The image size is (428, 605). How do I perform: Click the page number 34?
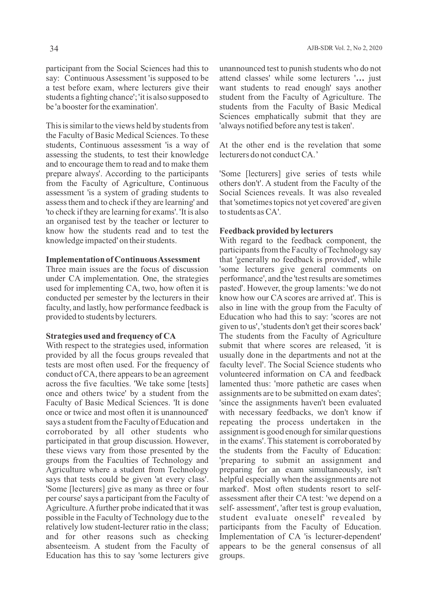54,49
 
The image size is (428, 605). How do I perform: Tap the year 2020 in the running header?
375,48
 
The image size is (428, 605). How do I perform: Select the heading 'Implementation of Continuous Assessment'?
123,259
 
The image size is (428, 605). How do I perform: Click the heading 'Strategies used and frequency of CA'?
111,336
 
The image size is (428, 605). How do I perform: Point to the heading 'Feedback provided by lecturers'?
276,231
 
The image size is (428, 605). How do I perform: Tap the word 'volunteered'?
239,374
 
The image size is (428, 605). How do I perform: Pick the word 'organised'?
73,221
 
